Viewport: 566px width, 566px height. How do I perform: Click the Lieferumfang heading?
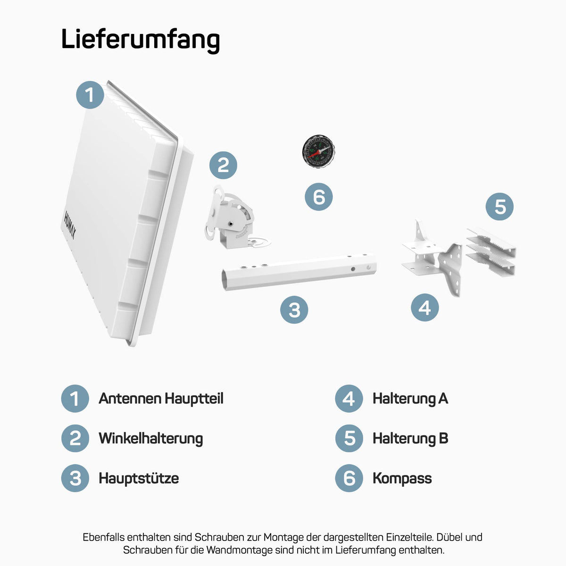[141, 40]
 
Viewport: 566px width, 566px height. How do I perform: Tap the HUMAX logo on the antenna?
[70, 225]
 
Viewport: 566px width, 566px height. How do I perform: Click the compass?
[318, 151]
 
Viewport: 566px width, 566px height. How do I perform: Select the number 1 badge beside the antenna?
[90, 95]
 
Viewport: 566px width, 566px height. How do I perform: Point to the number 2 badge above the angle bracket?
[223, 165]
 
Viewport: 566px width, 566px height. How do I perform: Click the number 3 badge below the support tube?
[294, 309]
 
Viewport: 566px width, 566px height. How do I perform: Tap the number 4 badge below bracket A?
[424, 307]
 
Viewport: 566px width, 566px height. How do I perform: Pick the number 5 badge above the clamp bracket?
[499, 207]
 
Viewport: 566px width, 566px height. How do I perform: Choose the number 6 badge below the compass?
[319, 197]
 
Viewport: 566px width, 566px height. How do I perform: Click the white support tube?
[299, 272]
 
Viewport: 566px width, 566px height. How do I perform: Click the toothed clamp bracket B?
[491, 252]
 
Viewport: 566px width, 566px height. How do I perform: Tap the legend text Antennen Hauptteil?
[161, 399]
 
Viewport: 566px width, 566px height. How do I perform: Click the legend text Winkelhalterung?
[150, 439]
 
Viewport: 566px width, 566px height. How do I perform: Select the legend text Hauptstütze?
[139, 478]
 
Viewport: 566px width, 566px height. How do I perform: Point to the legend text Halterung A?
[410, 399]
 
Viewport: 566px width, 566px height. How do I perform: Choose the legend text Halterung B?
[410, 439]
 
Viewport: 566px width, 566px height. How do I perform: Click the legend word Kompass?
[402, 478]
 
